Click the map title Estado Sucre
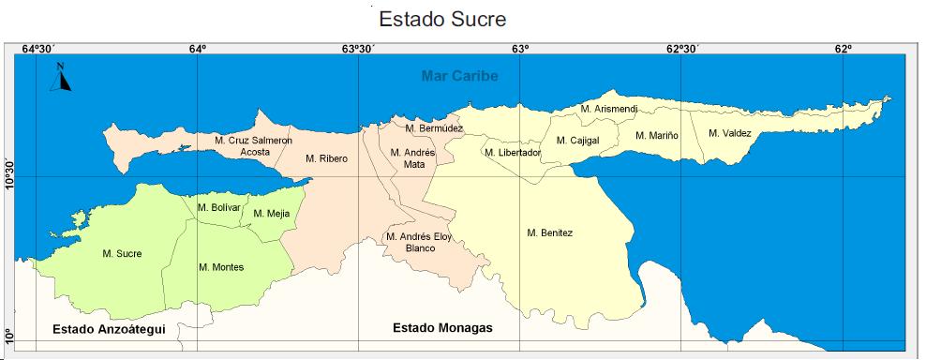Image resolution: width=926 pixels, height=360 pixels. (436, 19)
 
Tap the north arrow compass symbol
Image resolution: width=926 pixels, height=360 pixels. (62, 77)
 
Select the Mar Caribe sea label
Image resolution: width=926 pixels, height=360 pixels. (459, 76)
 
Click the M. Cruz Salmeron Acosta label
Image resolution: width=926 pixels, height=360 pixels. (253, 146)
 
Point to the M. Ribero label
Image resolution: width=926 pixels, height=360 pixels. (326, 158)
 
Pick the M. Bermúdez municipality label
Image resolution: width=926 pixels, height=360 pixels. (434, 127)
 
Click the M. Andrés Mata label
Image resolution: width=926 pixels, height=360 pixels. (413, 158)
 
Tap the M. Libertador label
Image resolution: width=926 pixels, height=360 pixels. (513, 153)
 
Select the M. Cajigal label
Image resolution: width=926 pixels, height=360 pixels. (577, 141)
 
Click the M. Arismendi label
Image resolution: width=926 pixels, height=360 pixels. (609, 110)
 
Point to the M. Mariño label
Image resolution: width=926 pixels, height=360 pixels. (657, 136)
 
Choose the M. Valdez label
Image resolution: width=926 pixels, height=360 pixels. (730, 133)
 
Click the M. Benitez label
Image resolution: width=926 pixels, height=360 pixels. (549, 232)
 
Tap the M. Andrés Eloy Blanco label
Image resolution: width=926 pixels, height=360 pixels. (419, 243)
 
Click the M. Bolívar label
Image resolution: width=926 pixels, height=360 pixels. (219, 207)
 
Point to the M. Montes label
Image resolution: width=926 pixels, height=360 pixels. (221, 267)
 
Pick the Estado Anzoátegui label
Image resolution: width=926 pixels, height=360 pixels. (109, 329)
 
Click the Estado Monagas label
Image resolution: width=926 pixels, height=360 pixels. (442, 328)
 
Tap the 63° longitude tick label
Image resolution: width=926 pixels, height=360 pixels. (520, 50)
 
